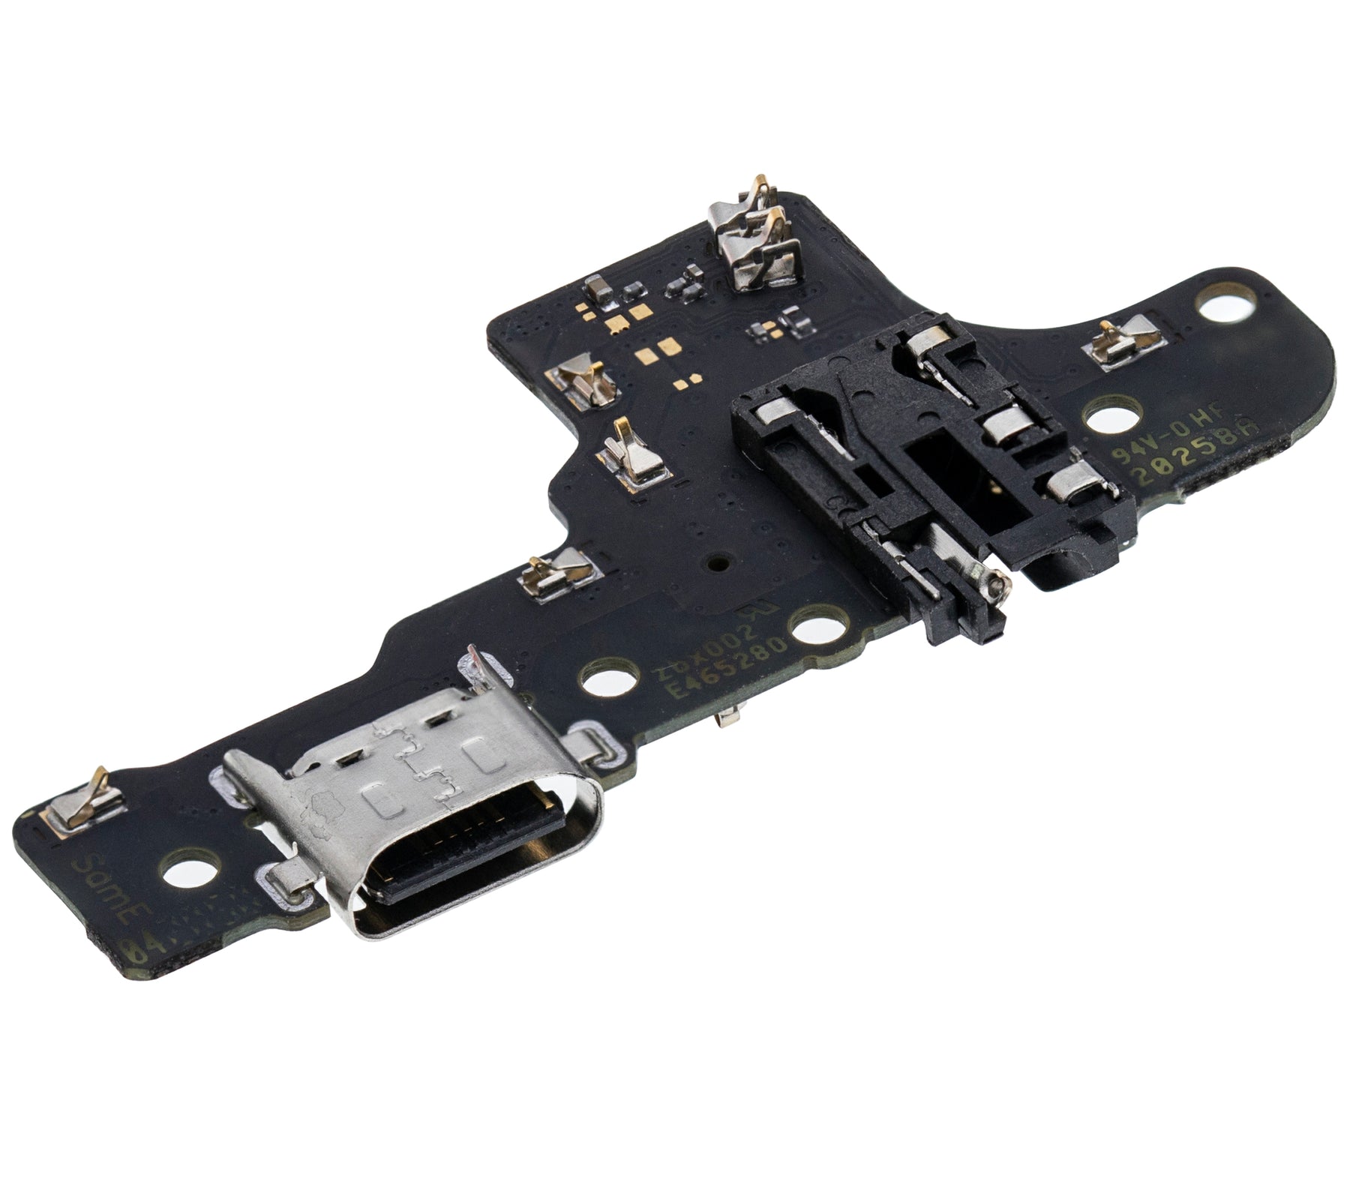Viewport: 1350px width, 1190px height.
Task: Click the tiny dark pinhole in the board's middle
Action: pos(718,559)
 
